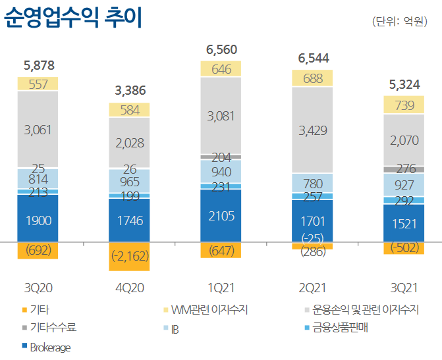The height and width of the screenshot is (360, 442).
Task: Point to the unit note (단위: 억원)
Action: [402, 22]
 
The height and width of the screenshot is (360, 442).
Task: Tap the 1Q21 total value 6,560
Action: [221, 50]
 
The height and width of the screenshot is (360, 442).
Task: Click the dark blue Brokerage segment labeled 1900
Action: [38, 220]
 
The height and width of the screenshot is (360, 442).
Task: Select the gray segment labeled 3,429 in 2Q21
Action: [312, 130]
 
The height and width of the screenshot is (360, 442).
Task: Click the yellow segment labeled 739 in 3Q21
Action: [403, 105]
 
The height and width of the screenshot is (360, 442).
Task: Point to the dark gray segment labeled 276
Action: [403, 169]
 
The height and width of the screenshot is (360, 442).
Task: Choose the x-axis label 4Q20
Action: [130, 288]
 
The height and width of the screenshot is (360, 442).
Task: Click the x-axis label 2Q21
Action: [312, 288]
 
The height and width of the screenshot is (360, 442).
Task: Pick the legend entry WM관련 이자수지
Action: [204, 308]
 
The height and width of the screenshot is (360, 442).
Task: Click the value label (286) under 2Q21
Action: [312, 251]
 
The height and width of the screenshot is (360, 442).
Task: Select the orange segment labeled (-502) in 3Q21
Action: [403, 247]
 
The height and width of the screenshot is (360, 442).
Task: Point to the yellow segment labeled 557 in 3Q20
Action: [38, 84]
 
